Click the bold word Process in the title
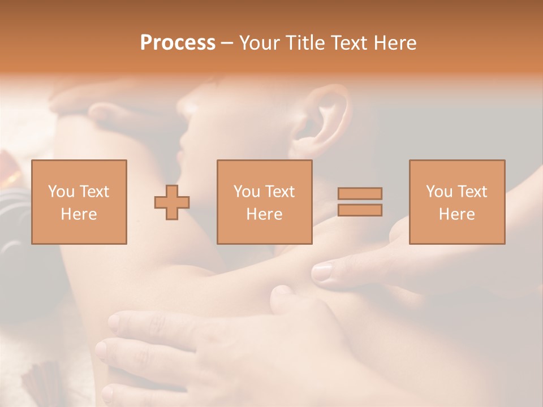tap(178, 43)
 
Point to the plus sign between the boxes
tap(172, 202)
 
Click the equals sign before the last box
tap(360, 202)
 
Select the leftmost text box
tap(79, 202)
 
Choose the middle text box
tap(265, 202)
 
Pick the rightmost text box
tap(457, 202)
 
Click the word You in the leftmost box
tap(61, 192)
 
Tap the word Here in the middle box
tap(265, 214)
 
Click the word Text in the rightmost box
tap(472, 192)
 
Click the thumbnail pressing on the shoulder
tap(322, 272)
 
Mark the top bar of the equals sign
tap(360, 193)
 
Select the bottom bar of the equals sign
tap(360, 210)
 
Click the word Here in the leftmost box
tap(79, 214)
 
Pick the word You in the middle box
tap(247, 192)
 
